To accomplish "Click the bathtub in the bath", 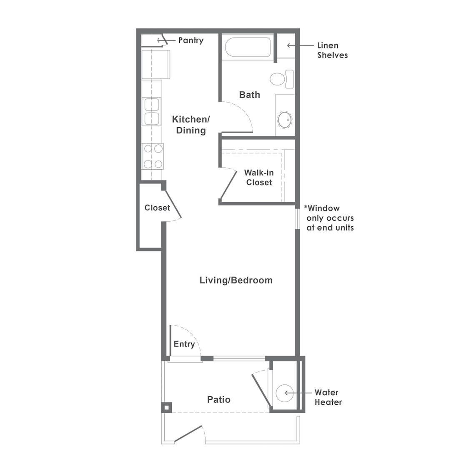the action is [248, 47].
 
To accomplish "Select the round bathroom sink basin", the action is [284, 120].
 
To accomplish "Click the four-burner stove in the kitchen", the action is [153, 156].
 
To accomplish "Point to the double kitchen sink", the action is [152, 111].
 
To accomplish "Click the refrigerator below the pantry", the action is [156, 64].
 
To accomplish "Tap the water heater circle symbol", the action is [285, 393].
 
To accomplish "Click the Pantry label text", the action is [191, 40].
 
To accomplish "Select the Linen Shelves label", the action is [332, 50].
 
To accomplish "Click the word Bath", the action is [249, 95].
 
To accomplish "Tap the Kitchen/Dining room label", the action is [191, 125].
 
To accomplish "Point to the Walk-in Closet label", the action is [259, 177].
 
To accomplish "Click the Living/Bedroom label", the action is [236, 280].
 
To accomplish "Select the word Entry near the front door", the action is [184, 344].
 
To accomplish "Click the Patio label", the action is [218, 400].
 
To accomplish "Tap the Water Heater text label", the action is [328, 397].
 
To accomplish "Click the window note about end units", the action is [329, 218].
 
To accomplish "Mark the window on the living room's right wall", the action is [297, 218].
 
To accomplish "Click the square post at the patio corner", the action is [167, 407].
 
